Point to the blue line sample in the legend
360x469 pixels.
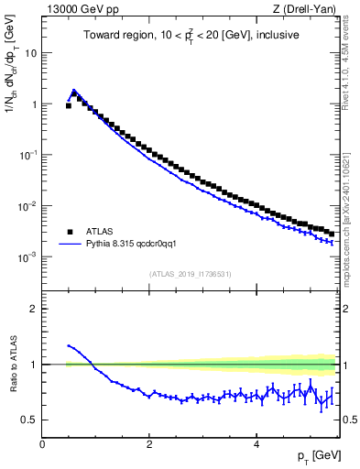pyautogui.click(x=71, y=245)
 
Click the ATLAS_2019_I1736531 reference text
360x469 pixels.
pyautogui.click(x=191, y=275)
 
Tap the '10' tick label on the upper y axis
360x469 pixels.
pyautogui.click(x=30, y=53)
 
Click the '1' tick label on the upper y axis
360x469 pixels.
pyautogui.click(x=34, y=104)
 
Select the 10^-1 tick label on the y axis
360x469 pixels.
pyautogui.click(x=28, y=155)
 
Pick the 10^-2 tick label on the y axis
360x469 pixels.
pyautogui.click(x=28, y=206)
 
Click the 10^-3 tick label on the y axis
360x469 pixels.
pyautogui.click(x=28, y=257)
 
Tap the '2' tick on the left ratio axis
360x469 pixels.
pyautogui.click(x=34, y=309)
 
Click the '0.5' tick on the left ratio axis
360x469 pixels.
pyautogui.click(x=30, y=420)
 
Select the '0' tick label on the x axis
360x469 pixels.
pyautogui.click(x=42, y=443)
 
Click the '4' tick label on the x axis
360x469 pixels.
pyautogui.click(x=256, y=443)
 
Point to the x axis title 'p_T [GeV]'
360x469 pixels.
pyautogui.click(x=314, y=456)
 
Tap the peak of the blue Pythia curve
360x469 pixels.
pyautogui.click(x=74, y=91)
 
